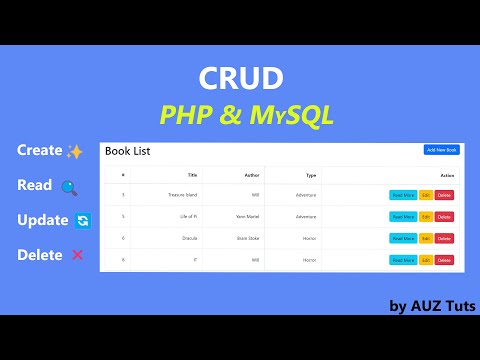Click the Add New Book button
[441, 150]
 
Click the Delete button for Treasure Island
[444, 194]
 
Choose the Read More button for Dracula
[403, 238]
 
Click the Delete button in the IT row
[444, 260]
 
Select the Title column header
[192, 174]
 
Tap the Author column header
[252, 174]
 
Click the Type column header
[310, 174]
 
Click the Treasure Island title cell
[183, 194]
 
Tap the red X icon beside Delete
[78, 255]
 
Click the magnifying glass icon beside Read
[69, 187]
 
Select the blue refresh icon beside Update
[83, 221]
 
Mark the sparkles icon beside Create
[75, 151]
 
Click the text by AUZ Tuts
[432, 305]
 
